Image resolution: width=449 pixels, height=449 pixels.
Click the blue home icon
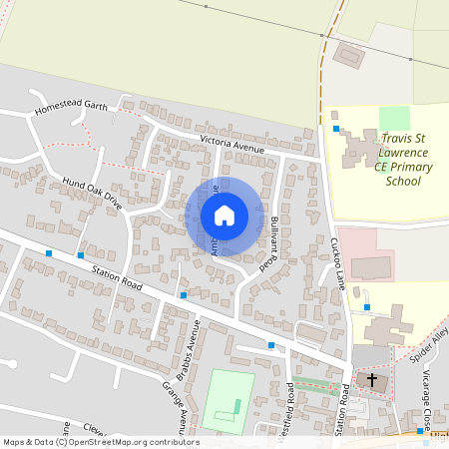click(x=224, y=216)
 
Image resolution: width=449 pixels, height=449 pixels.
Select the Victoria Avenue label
click(x=231, y=144)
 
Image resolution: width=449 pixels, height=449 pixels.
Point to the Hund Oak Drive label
click(x=92, y=193)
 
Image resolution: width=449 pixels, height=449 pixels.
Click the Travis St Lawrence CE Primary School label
click(x=403, y=160)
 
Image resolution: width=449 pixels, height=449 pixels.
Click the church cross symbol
click(x=372, y=380)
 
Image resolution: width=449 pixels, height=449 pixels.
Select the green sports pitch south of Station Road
click(x=228, y=401)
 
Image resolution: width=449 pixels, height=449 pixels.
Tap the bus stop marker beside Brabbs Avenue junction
click(x=183, y=295)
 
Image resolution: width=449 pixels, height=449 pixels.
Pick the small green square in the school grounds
click(x=394, y=117)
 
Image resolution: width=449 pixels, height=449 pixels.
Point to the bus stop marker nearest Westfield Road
click(x=271, y=345)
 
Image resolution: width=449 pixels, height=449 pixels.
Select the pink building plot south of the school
click(x=365, y=254)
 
